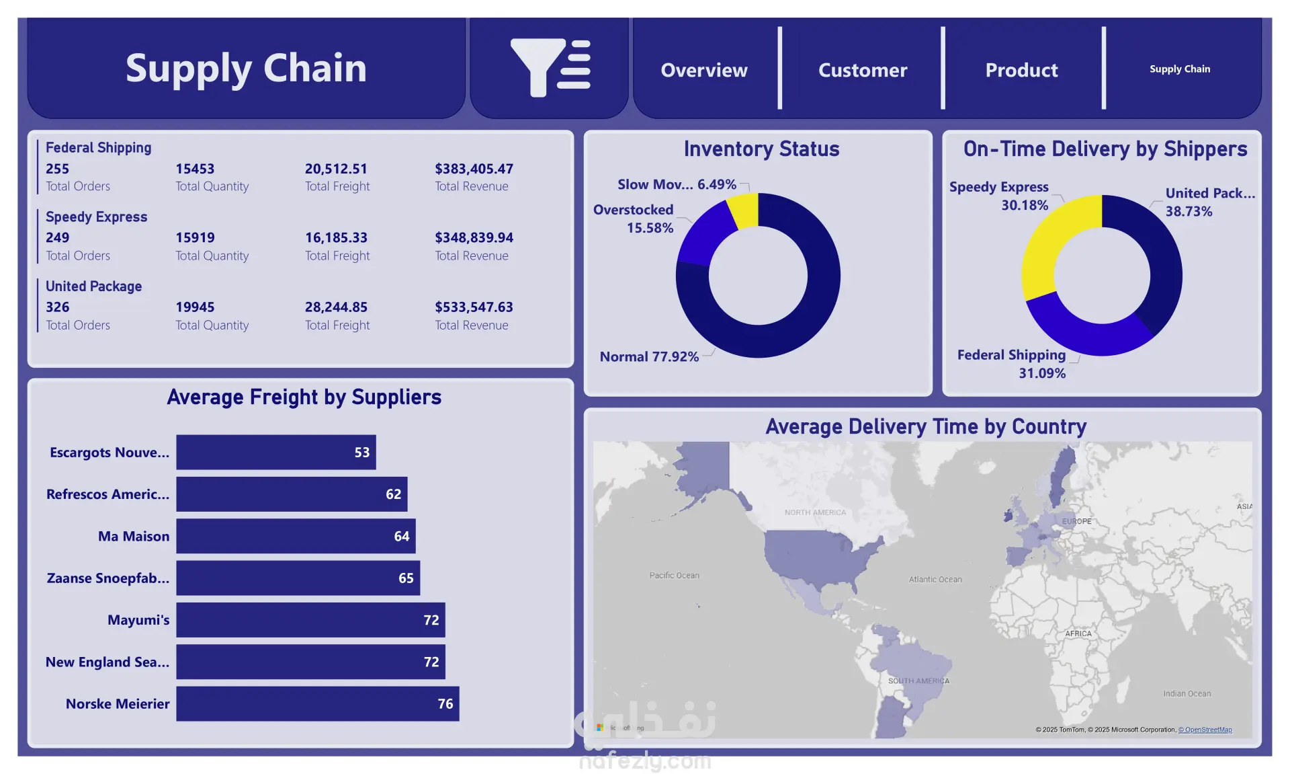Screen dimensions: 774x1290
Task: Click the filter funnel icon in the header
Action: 550,68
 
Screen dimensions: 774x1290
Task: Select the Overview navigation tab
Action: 703,70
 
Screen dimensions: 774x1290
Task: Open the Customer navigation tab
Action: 862,70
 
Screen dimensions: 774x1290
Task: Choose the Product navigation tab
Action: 1021,70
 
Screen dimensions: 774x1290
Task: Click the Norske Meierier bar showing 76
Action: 317,703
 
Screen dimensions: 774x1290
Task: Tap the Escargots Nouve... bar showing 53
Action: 275,452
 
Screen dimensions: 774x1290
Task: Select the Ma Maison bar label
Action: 134,536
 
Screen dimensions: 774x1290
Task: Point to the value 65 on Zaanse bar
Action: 406,578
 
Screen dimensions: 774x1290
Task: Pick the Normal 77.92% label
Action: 649,356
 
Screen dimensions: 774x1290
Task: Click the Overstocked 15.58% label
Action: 633,219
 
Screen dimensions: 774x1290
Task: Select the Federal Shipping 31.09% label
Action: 1012,363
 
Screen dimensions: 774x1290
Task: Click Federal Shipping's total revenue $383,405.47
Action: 474,169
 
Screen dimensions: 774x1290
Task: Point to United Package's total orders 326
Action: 58,307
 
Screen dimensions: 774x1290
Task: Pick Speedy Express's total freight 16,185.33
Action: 336,237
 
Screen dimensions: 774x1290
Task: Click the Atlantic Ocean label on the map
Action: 935,579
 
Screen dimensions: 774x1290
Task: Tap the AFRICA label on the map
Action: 1078,633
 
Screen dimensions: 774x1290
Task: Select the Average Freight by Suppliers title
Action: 304,397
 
